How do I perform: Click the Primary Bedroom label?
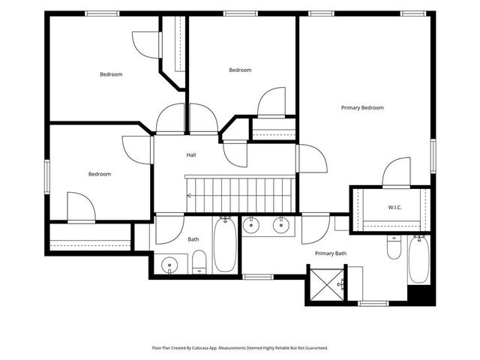point(362,108)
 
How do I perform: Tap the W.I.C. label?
point(395,208)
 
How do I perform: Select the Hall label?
point(191,155)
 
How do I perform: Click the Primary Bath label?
point(331,253)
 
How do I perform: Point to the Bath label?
point(193,239)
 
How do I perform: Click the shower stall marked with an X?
point(327,285)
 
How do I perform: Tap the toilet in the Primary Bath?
point(394,247)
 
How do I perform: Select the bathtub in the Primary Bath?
point(418,259)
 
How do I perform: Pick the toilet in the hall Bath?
point(199,262)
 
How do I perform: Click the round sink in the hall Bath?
point(169,265)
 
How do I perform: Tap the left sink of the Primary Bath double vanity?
point(251,225)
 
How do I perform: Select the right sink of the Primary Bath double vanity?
point(281,225)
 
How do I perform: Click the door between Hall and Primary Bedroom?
point(312,158)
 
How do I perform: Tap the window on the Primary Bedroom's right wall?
point(433,156)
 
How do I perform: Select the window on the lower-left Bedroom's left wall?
point(47,177)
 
